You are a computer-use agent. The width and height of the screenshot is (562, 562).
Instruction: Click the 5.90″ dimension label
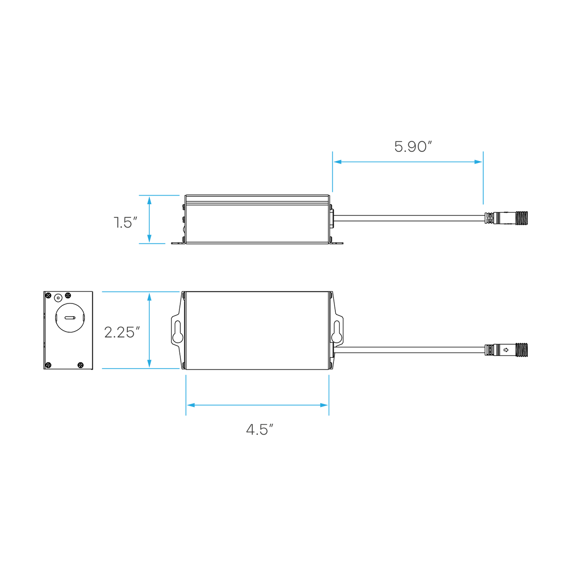click(413, 147)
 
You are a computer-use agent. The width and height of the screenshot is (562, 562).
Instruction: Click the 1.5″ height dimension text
click(125, 222)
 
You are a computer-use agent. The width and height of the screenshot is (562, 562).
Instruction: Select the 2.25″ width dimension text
click(122, 333)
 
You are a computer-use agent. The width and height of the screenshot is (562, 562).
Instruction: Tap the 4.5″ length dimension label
click(259, 429)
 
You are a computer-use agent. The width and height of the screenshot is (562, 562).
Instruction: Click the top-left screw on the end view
click(49, 296)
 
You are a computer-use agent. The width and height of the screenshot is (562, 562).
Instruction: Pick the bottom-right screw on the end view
click(81, 365)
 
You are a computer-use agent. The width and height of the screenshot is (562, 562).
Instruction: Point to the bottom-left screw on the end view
click(49, 365)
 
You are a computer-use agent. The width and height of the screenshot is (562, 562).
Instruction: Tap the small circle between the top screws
click(58, 298)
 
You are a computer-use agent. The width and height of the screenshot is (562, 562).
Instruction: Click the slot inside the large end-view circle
click(70, 318)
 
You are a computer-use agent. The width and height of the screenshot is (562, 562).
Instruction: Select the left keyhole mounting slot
click(177, 332)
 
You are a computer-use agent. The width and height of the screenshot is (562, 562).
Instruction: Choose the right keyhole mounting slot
click(337, 332)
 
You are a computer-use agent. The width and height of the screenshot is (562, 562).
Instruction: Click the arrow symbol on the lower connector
click(506, 350)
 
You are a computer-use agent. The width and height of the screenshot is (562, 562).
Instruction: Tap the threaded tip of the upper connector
click(521, 218)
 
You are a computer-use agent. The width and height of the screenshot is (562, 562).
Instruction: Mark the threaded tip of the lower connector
click(521, 350)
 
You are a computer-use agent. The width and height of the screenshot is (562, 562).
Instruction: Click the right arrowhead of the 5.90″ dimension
click(478, 162)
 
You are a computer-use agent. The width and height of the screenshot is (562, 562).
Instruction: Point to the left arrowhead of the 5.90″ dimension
click(337, 162)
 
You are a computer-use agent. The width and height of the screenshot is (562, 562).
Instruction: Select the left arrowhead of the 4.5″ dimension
click(191, 405)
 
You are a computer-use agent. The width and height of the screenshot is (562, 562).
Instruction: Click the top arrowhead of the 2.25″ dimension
click(149, 296)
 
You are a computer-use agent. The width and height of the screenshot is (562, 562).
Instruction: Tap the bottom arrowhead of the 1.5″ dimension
click(149, 238)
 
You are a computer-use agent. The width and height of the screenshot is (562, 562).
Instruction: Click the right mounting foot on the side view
click(337, 242)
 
